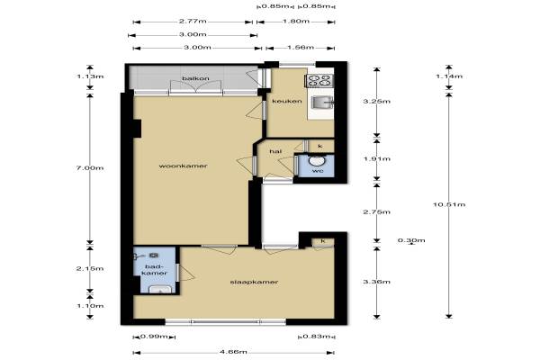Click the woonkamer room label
pos(183,166)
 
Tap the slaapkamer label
pos(254,282)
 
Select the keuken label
pos(287,101)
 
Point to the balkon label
pos(195,78)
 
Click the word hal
pos(275,151)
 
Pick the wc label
pos(318,170)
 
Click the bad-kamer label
pos(155,270)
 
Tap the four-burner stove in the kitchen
pos(319,81)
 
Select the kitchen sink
pos(322,103)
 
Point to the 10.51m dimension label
pos(449,204)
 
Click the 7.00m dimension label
pos(90,168)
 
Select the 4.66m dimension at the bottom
pos(233,352)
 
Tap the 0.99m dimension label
pos(154,337)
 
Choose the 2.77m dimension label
pos(193,22)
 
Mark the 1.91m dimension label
pos(377,158)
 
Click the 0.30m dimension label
pos(411,240)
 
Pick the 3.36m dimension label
pos(377,282)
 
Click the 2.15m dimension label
pos(90,269)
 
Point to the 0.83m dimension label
pos(316,337)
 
